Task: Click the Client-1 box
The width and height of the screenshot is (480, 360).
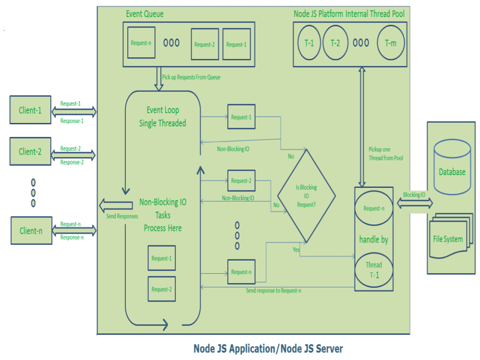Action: tap(30, 110)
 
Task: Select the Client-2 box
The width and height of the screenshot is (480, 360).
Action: tap(30, 151)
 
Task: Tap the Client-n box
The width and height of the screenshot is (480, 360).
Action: tap(31, 231)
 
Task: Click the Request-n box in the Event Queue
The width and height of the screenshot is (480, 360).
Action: tap(141, 43)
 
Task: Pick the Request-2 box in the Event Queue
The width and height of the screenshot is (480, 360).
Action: tap(204, 45)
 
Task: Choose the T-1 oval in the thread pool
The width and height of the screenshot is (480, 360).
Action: tap(309, 43)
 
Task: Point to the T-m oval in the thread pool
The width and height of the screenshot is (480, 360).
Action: tap(390, 43)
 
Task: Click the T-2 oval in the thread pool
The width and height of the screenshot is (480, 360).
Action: tap(335, 43)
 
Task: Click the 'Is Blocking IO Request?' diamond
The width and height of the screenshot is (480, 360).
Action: tap(306, 195)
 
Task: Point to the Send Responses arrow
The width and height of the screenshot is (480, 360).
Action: tap(115, 205)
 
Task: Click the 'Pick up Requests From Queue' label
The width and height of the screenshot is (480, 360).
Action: tap(191, 77)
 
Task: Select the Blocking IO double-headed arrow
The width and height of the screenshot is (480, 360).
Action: tap(415, 203)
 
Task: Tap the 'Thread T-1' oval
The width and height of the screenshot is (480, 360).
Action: tap(374, 270)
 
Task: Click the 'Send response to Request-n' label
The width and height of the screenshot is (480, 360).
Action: tap(274, 291)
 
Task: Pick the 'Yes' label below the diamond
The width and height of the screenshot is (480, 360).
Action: tap(296, 250)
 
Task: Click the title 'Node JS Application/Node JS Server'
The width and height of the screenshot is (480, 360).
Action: tap(268, 349)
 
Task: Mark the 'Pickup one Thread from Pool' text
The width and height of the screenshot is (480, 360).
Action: tap(386, 154)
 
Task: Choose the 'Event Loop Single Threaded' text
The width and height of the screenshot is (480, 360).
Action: tap(162, 117)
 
